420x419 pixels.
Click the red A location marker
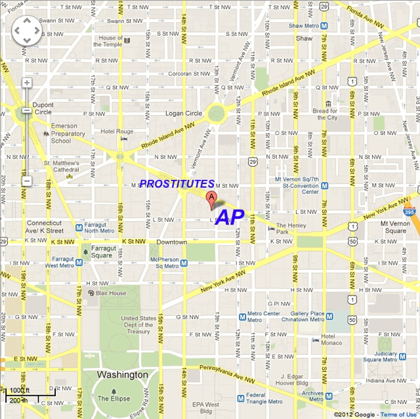click(211, 200)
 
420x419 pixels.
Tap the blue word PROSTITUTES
click(177, 184)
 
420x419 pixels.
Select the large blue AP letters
click(230, 217)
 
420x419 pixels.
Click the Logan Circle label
click(184, 113)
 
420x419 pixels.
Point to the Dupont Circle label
click(43, 108)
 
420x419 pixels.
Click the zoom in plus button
click(27, 83)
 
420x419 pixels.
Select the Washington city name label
click(122, 374)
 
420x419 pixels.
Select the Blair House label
click(110, 293)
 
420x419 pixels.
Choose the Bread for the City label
click(324, 114)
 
